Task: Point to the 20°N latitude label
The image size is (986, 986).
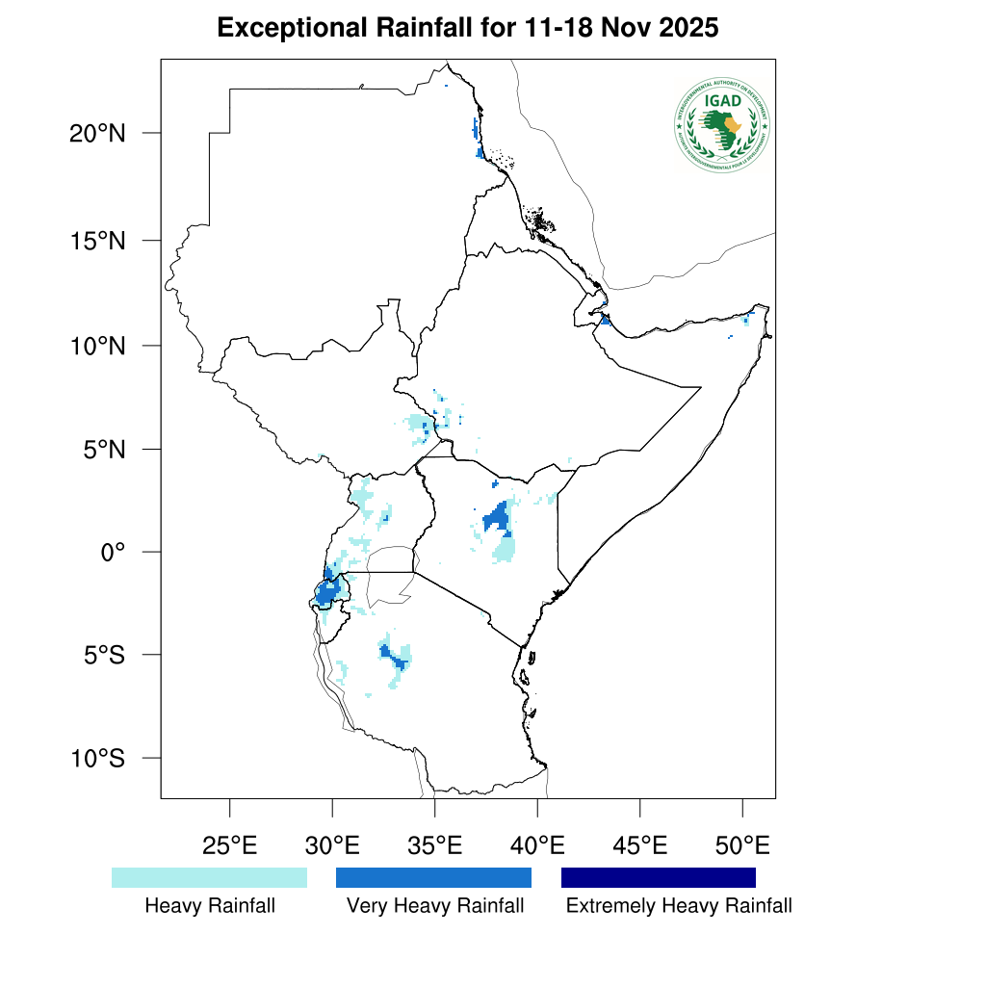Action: [x=97, y=133]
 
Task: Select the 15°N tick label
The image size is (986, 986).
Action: [x=97, y=240]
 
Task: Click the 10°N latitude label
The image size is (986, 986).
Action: [x=97, y=345]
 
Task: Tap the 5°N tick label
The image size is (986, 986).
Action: [x=103, y=449]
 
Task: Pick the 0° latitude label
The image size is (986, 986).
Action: [x=115, y=552]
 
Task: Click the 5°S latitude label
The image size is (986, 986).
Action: [x=103, y=655]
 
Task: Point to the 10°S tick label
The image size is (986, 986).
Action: [x=97, y=758]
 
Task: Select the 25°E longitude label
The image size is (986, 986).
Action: [x=229, y=846]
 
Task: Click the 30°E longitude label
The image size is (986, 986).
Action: [x=332, y=846]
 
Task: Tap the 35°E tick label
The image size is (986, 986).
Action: [x=434, y=846]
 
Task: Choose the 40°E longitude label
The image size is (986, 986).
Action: [x=537, y=846]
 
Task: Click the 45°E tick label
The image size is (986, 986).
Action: [x=639, y=846]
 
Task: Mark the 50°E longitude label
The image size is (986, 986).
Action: [x=742, y=846]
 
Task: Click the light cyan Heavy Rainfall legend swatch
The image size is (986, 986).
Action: [x=209, y=877]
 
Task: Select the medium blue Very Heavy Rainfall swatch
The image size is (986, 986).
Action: [x=433, y=877]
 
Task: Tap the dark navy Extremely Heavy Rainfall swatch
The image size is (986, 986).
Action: [x=659, y=877]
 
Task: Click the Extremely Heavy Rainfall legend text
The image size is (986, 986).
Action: [x=679, y=906]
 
